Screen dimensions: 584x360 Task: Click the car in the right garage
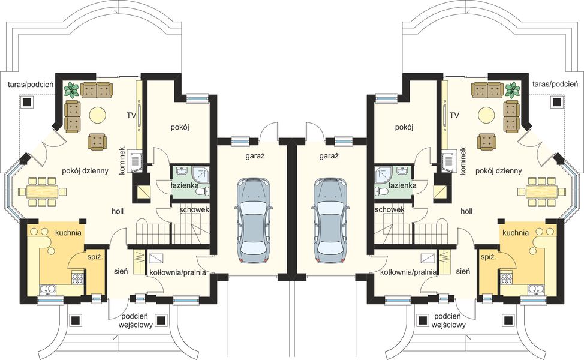click(x=330, y=221)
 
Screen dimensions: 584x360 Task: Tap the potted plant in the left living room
click(x=71, y=90)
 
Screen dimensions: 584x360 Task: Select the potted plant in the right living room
click(x=513, y=90)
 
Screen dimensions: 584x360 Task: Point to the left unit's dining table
click(x=41, y=192)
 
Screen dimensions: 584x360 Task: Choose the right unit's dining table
click(x=543, y=192)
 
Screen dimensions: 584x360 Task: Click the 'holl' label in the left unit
click(x=118, y=211)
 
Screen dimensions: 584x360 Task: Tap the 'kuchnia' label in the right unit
click(x=516, y=233)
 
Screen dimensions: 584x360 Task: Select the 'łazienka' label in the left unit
click(x=184, y=185)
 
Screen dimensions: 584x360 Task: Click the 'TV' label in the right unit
click(x=454, y=115)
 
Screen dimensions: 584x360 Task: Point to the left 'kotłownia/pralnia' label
click(x=177, y=272)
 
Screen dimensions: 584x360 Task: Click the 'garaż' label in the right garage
click(x=329, y=157)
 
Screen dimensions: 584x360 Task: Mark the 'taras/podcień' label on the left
click(x=31, y=85)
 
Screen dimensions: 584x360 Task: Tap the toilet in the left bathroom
click(x=201, y=191)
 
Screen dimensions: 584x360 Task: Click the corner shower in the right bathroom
click(x=383, y=175)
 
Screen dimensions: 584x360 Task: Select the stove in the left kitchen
click(x=78, y=278)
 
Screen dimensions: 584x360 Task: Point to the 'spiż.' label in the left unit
click(x=93, y=257)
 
